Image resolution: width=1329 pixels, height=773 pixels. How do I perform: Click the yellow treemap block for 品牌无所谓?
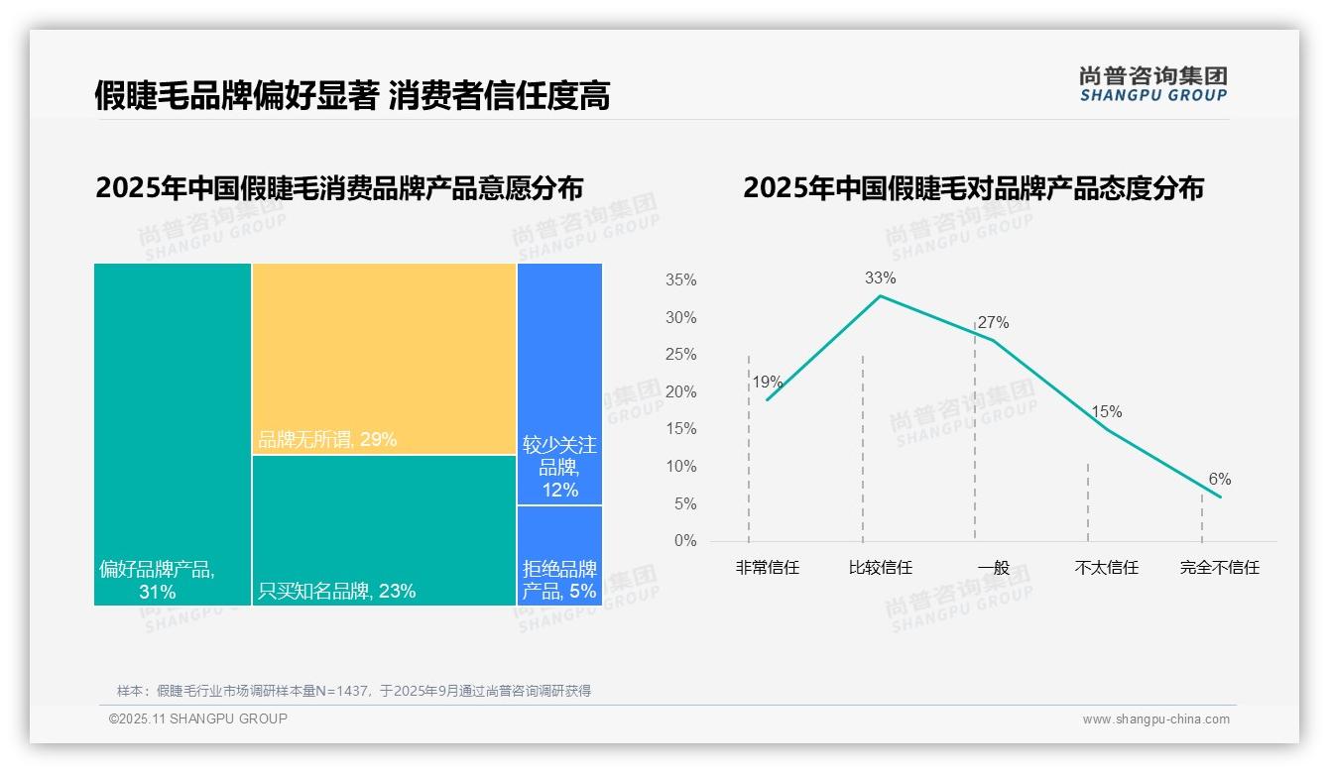coord(384,359)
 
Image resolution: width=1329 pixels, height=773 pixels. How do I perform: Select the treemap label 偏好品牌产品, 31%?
coord(157,581)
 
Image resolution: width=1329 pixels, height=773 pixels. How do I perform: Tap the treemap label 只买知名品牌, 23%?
coord(336,592)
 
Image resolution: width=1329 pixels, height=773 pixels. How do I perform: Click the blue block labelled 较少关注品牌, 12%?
coord(559,466)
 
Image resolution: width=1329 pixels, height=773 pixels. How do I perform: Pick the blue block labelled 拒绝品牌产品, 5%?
coord(559,580)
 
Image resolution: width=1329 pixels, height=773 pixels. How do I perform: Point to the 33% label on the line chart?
coord(880,278)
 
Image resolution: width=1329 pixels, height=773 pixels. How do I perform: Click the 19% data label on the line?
coord(767,383)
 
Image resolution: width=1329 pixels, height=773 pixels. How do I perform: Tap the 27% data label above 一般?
coord(993,323)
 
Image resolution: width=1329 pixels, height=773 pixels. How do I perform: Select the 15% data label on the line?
coord(1106,412)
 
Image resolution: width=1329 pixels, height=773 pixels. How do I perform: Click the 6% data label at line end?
coord(1219,480)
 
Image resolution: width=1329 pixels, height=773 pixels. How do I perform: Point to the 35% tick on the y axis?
coord(680,280)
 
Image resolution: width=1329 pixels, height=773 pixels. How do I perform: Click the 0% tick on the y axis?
coord(684,541)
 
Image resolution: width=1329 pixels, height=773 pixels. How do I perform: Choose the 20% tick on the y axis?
coord(680,392)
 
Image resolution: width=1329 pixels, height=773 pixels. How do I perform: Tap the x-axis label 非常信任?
coord(767,568)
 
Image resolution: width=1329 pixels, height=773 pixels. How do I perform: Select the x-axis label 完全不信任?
coord(1219,568)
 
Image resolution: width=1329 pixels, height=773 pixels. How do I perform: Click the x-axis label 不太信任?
coord(1106,568)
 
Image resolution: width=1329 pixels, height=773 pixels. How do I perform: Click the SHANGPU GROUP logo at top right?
coord(1152,84)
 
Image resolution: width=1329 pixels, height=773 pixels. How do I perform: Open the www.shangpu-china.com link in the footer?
coord(1155,719)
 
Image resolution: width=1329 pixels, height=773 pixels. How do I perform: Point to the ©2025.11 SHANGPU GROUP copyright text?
coord(198,718)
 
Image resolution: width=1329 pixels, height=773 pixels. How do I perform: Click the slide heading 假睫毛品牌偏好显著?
coord(236,95)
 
